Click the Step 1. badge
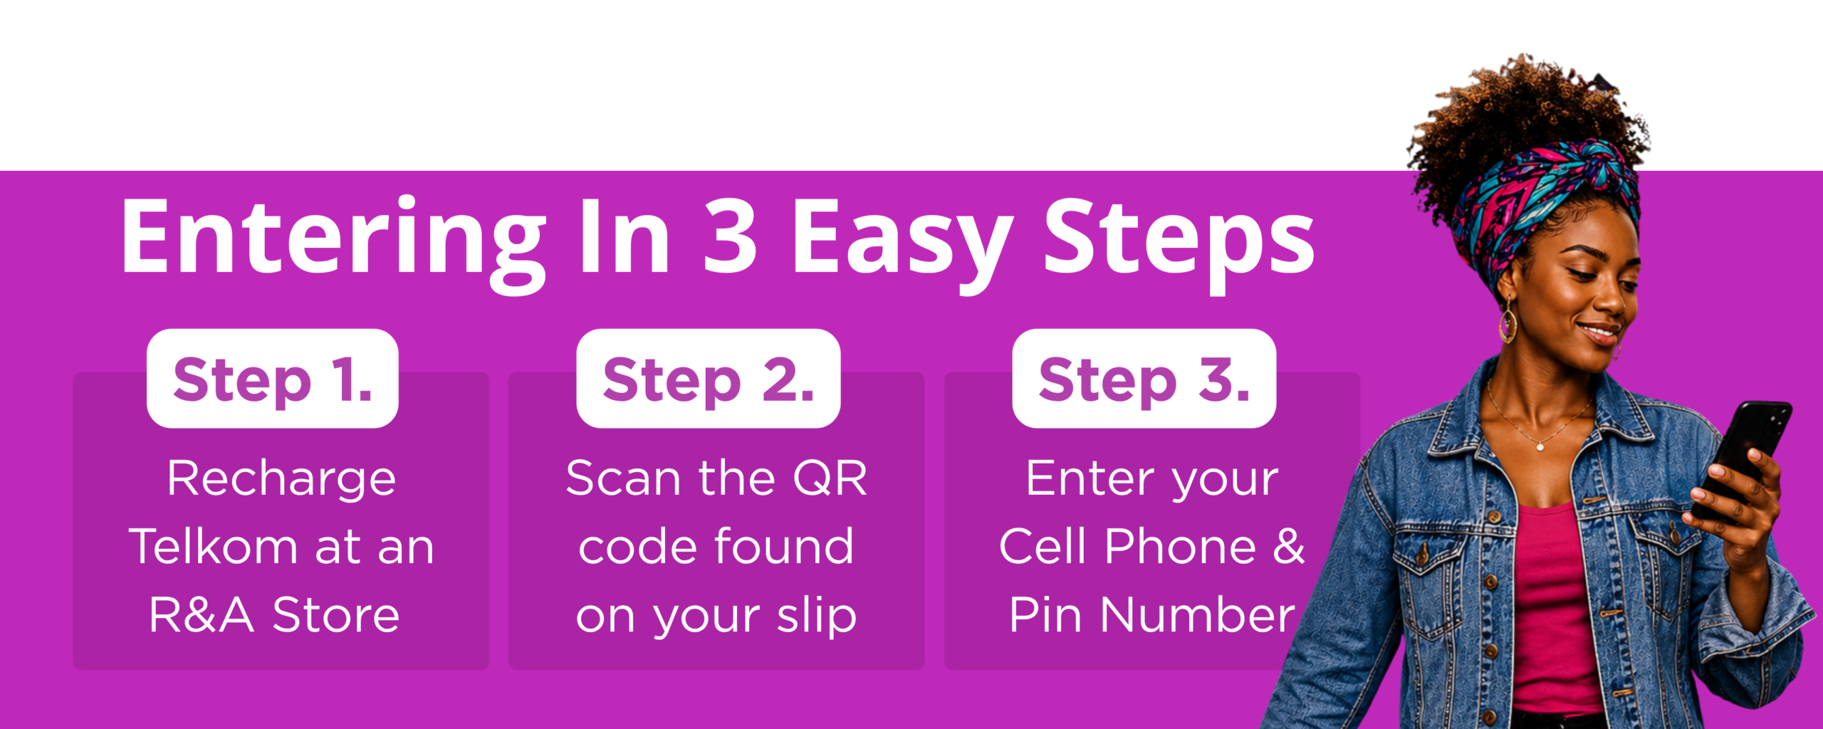click(x=272, y=378)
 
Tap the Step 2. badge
click(x=708, y=378)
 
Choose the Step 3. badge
click(x=1144, y=378)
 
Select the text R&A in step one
click(x=201, y=614)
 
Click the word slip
click(x=817, y=614)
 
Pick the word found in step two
click(x=784, y=546)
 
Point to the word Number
click(x=1198, y=614)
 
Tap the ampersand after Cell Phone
click(x=1288, y=546)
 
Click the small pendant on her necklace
click(x=1540, y=447)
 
